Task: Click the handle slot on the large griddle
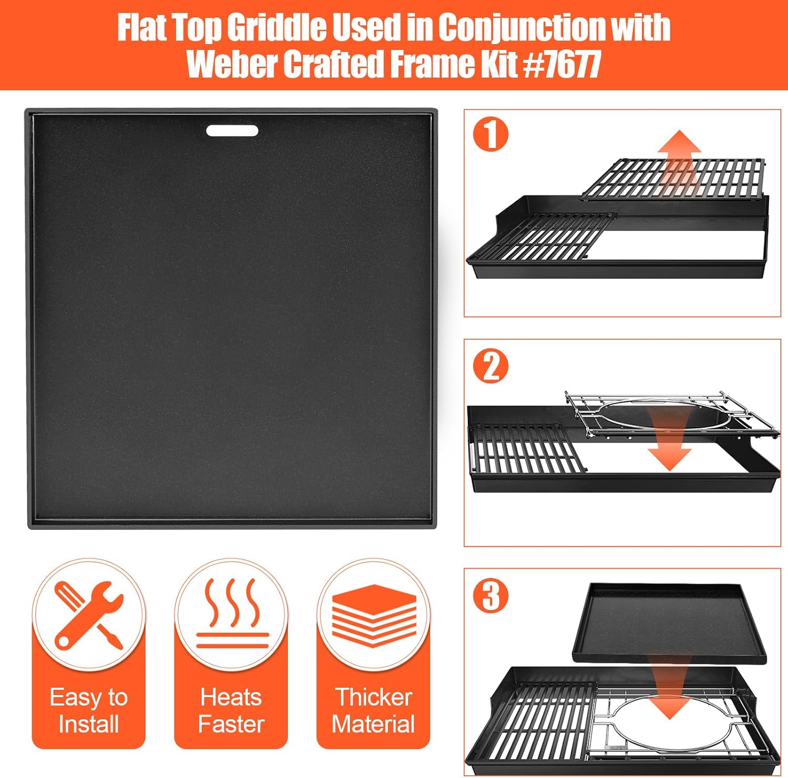coord(232,131)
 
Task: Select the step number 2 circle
coord(491,366)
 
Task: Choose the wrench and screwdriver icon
coord(88,615)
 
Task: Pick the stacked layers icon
coord(374,615)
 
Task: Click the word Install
coord(88,724)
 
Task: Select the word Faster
coord(231,724)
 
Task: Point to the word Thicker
coord(374,698)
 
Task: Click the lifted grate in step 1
coord(673,178)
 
